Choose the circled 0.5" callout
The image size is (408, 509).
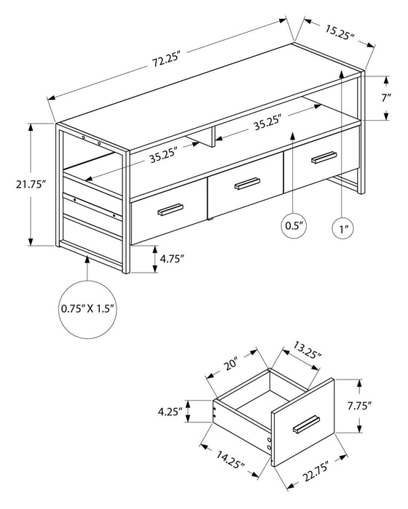pos(294,227)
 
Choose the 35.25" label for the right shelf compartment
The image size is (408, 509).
pos(268,124)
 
